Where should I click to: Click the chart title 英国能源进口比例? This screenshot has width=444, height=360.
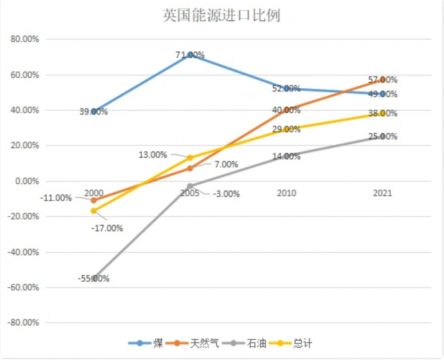(x=221, y=16)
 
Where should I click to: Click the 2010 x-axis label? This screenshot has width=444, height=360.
(x=286, y=193)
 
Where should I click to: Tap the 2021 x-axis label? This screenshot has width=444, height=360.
(x=382, y=193)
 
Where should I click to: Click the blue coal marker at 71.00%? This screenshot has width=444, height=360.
(x=190, y=55)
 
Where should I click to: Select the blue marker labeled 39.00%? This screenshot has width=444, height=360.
(x=94, y=111)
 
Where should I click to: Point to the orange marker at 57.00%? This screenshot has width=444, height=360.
(x=382, y=80)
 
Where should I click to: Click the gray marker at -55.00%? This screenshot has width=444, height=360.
(x=94, y=278)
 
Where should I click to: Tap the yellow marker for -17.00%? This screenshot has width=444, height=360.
(x=94, y=211)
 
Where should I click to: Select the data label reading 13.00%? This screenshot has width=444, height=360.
(x=153, y=155)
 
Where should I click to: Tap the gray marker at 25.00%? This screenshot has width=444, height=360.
(x=382, y=137)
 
